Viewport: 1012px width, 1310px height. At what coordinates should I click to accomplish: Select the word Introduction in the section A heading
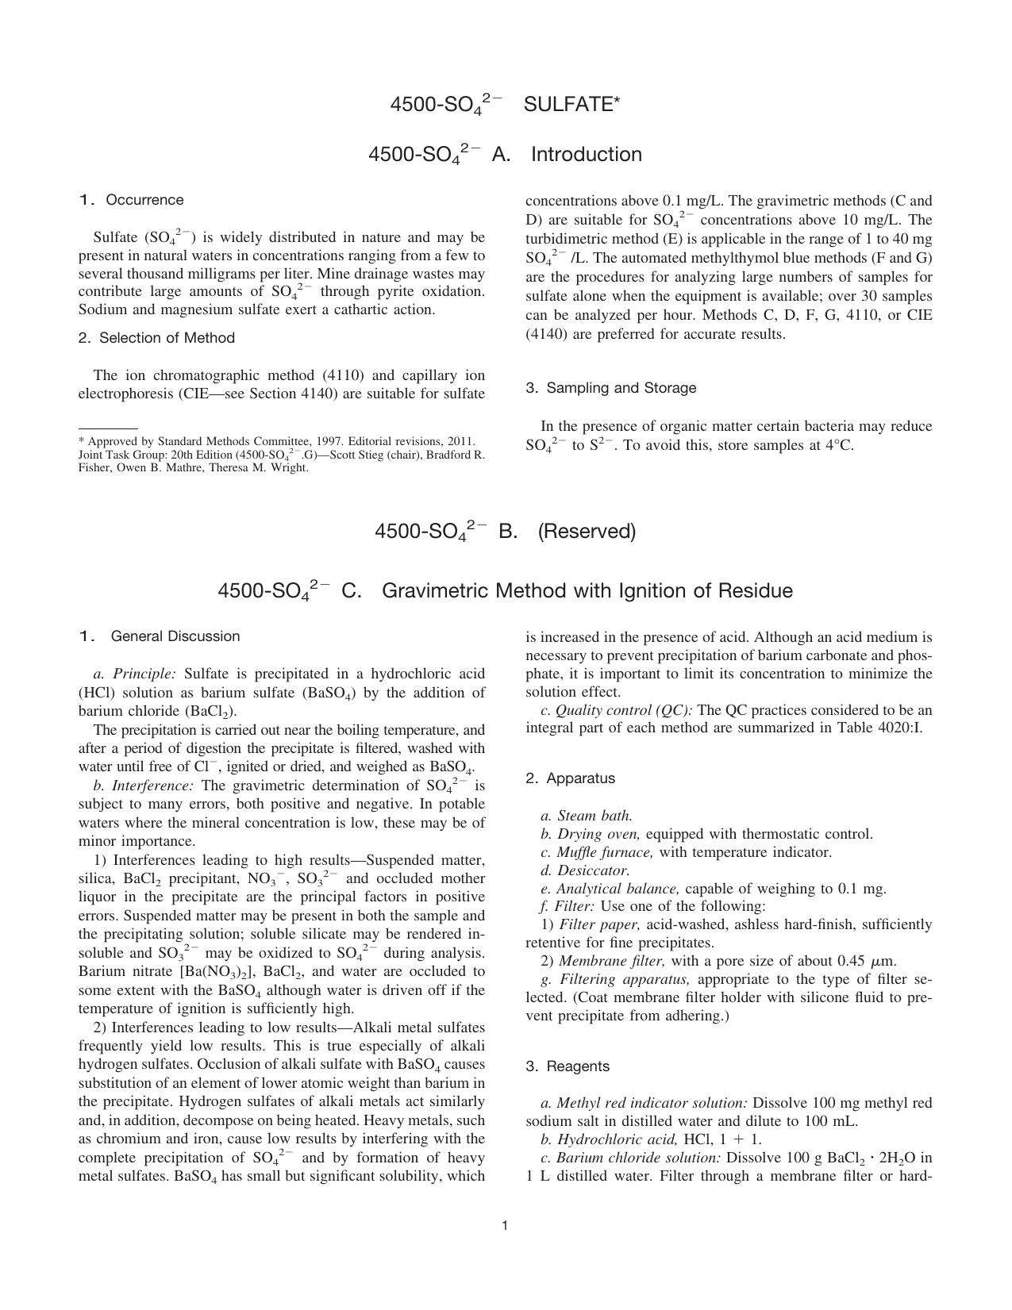(x=586, y=154)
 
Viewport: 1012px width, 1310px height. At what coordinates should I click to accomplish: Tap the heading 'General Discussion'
(x=175, y=636)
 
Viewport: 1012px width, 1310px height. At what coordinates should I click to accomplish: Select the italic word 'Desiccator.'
(x=585, y=870)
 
